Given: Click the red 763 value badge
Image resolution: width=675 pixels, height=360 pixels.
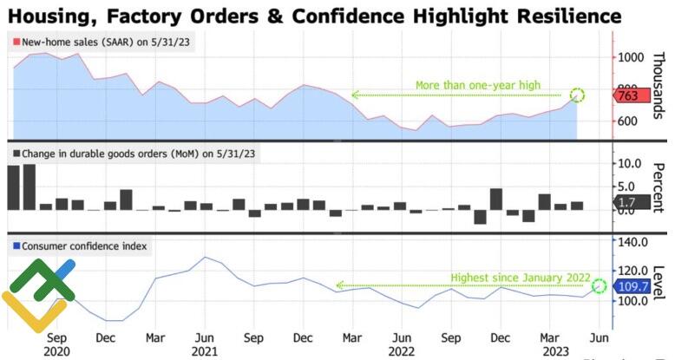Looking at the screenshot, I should (x=630, y=97).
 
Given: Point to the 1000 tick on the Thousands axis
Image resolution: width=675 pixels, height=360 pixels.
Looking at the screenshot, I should (x=630, y=57).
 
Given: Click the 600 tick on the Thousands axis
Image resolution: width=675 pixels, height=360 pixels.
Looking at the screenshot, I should (x=630, y=121).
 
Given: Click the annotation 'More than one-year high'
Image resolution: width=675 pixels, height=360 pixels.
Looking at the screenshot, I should (x=477, y=86).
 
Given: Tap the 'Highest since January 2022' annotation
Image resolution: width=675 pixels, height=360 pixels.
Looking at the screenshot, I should (x=520, y=278).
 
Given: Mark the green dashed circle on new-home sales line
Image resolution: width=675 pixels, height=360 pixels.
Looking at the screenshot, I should (x=578, y=95).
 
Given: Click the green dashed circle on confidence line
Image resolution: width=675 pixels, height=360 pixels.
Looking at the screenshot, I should (x=599, y=285).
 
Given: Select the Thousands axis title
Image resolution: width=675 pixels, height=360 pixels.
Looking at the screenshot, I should (x=658, y=84).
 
